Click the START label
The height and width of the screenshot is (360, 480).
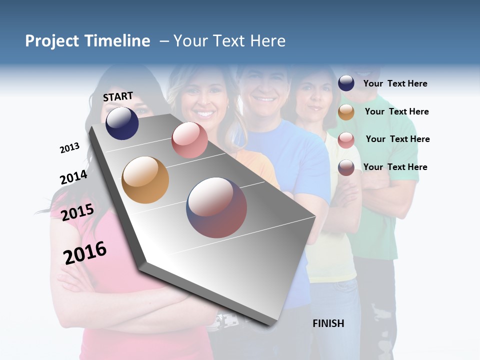point(118,96)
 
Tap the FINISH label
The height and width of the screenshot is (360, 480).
point(328,323)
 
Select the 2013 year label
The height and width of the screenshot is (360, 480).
point(69,148)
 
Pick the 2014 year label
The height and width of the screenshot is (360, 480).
point(73,177)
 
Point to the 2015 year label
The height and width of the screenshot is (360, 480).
point(77,212)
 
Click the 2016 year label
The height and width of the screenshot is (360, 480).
point(85,253)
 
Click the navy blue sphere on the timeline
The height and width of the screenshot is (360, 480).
point(122,123)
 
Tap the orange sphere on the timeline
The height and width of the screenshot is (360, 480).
point(145,180)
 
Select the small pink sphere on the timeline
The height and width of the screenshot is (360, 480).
point(189,140)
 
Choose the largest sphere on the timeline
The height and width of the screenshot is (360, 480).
point(216,207)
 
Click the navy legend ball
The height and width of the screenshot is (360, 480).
point(346,83)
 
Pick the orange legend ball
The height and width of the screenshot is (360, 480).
point(346,112)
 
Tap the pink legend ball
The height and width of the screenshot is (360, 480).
point(346,140)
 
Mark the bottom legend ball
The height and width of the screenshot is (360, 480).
point(346,167)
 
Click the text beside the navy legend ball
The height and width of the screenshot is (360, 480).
point(395,83)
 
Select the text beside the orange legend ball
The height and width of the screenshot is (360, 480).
point(396,111)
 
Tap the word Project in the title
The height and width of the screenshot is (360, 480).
point(51,41)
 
